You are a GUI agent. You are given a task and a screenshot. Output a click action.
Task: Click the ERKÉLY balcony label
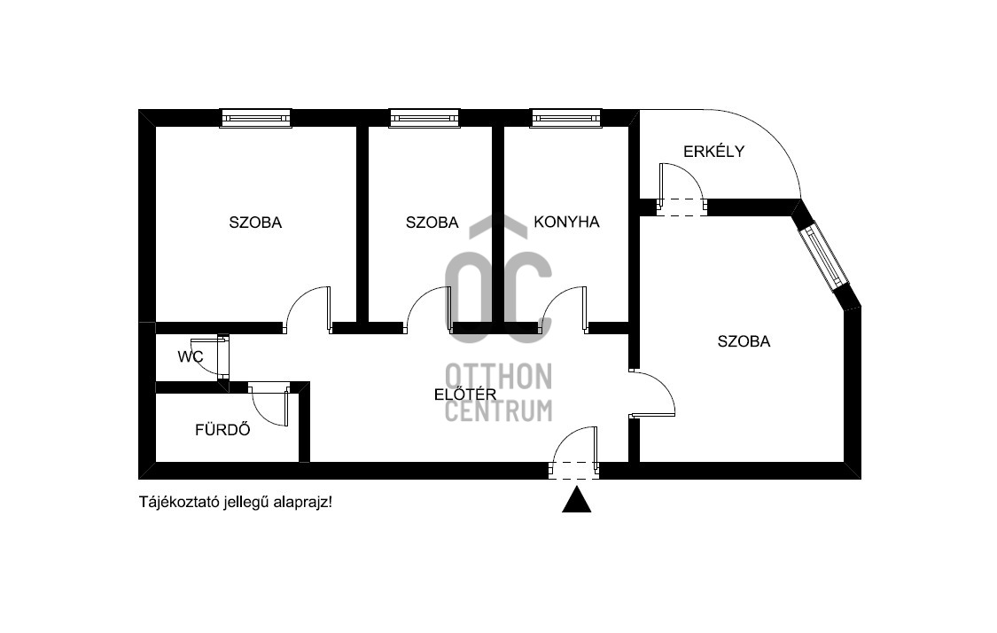coord(713,152)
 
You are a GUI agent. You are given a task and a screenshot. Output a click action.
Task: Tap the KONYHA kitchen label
coord(566,223)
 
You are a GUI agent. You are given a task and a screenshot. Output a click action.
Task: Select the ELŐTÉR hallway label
coord(464,395)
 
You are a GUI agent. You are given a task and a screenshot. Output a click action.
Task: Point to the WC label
coord(191,357)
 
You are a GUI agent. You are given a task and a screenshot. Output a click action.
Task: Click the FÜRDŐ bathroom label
coord(222,431)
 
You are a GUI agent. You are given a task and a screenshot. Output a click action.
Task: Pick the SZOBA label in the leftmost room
coord(255,223)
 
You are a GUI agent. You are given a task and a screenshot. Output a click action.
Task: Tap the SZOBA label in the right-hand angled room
coord(744,340)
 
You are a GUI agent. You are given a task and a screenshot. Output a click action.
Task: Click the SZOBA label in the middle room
coord(432,223)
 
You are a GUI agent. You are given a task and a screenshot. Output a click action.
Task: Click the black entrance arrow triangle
coord(576,501)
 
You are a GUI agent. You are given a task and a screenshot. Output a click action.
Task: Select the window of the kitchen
coord(566,118)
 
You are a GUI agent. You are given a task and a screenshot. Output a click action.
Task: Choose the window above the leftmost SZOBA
coord(255,118)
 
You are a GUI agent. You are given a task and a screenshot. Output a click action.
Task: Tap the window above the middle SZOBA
coord(425,118)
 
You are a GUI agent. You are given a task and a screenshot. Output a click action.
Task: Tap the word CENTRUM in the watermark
coord(498,410)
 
